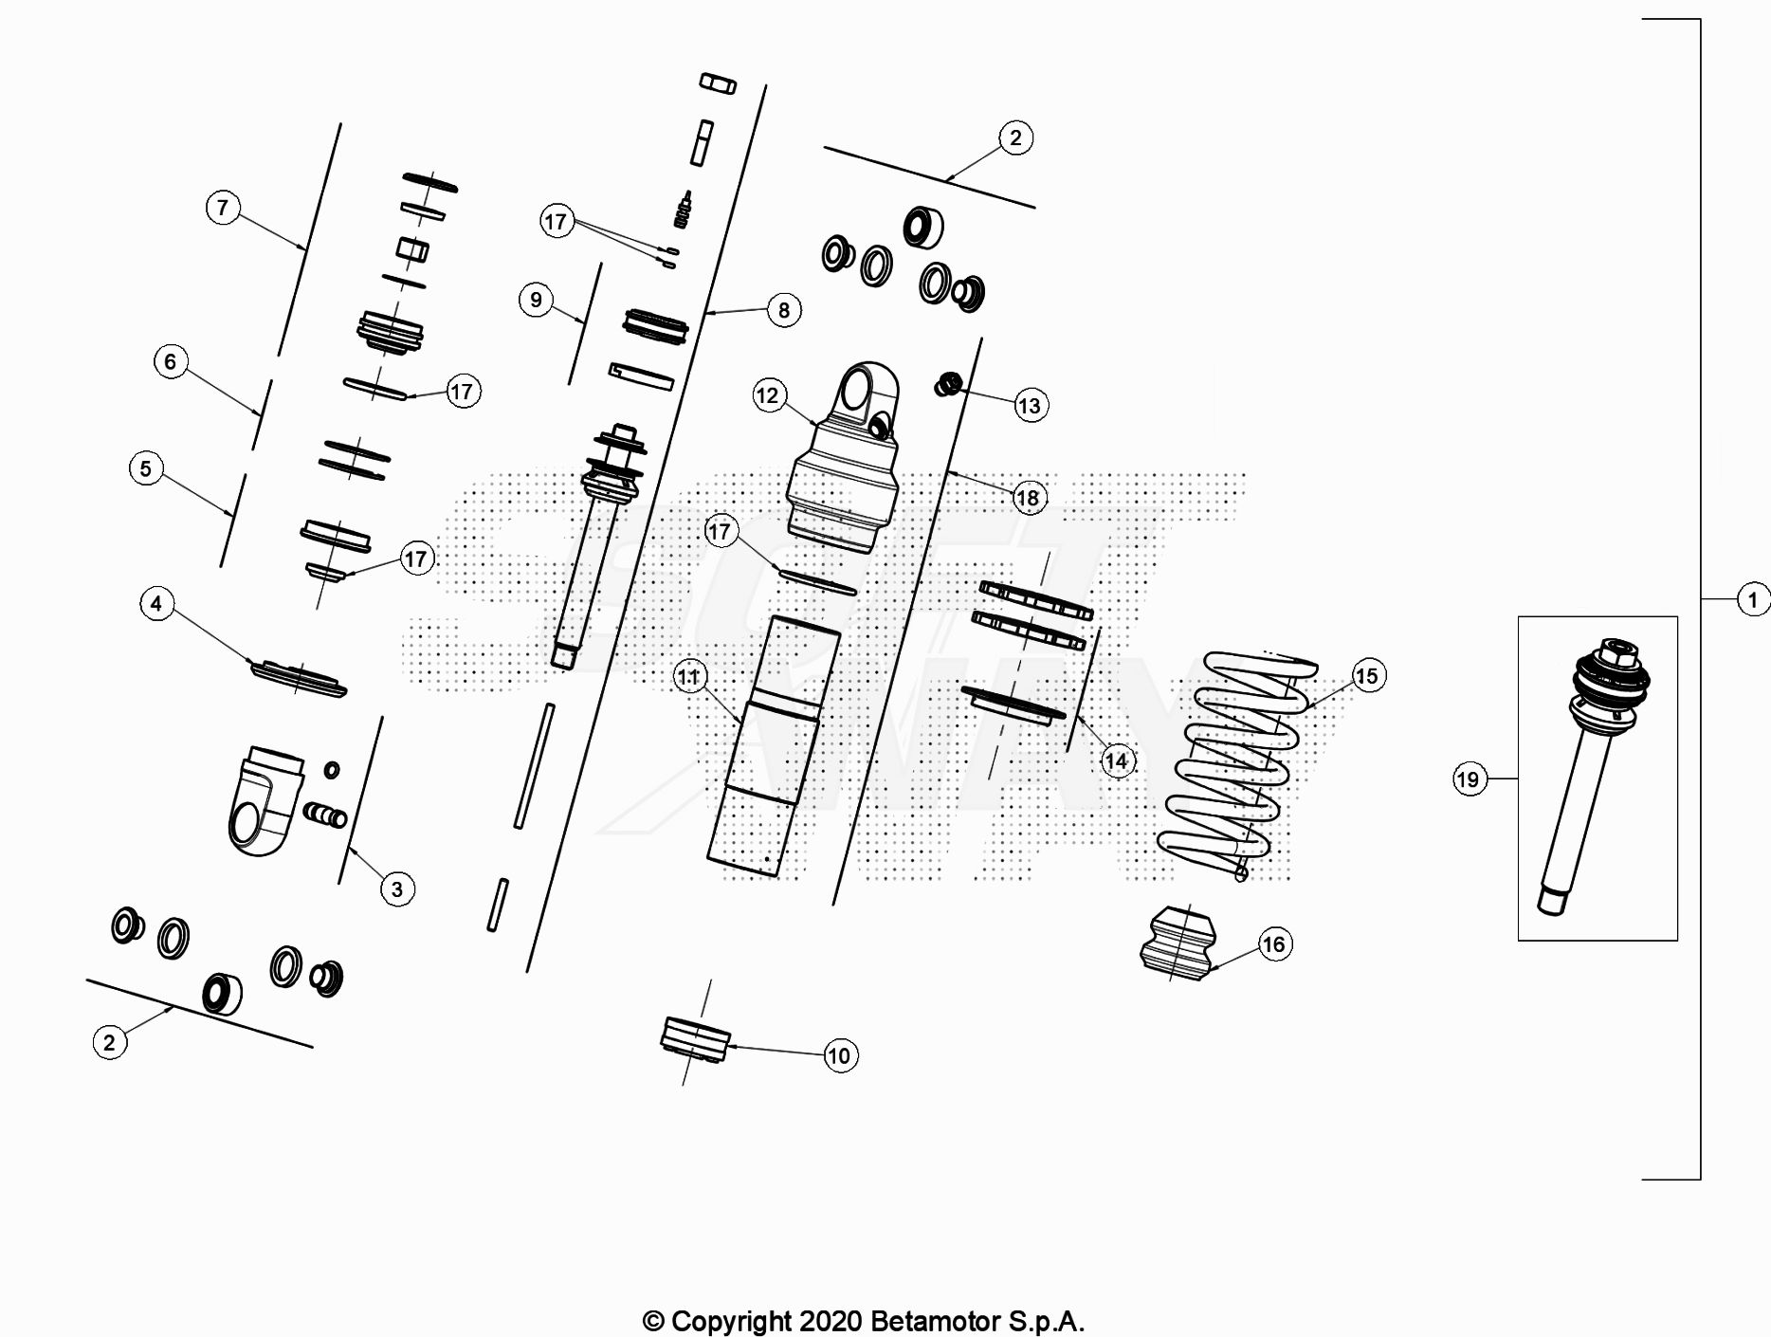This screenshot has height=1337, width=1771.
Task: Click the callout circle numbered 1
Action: [x=1752, y=599]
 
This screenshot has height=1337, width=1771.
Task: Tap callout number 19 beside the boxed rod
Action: [x=1468, y=779]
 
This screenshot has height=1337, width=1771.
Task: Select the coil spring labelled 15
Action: [x=1234, y=759]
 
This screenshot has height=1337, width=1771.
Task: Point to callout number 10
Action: [x=839, y=1055]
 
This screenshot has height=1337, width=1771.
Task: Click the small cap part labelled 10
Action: [x=695, y=1039]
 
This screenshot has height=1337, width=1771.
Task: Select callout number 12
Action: [x=767, y=394]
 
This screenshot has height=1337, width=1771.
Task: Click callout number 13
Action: [x=1029, y=406]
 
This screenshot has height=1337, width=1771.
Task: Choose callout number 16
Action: [x=1273, y=943]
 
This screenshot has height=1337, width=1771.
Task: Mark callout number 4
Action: [x=156, y=603]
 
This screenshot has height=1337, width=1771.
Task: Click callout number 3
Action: [x=397, y=888]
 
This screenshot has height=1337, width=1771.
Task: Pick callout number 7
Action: [x=223, y=207]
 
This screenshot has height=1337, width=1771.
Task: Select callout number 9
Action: [x=536, y=300]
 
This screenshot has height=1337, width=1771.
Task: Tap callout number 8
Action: [x=783, y=309]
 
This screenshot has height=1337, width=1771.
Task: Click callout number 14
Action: [x=1116, y=760]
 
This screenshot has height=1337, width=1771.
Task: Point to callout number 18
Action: [x=1028, y=497]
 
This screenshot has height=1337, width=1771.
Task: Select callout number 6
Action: [x=171, y=360]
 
